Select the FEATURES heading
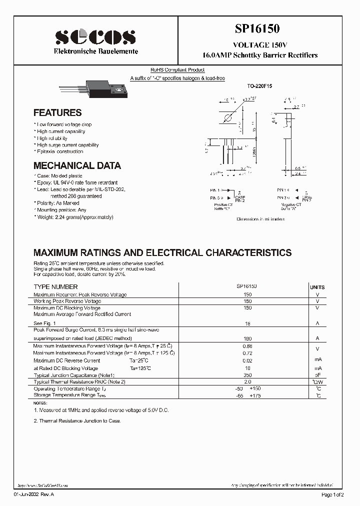(57, 113)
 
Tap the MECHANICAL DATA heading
(77, 165)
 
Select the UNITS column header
(317, 287)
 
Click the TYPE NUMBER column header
(55, 287)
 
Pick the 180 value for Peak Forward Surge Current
(247, 339)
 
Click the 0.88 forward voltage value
(247, 346)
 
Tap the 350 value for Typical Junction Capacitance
(247, 374)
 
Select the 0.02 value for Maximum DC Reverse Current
(247, 360)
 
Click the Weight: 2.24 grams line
(74, 217)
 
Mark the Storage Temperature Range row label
(64, 395)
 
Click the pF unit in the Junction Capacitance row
(317, 375)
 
